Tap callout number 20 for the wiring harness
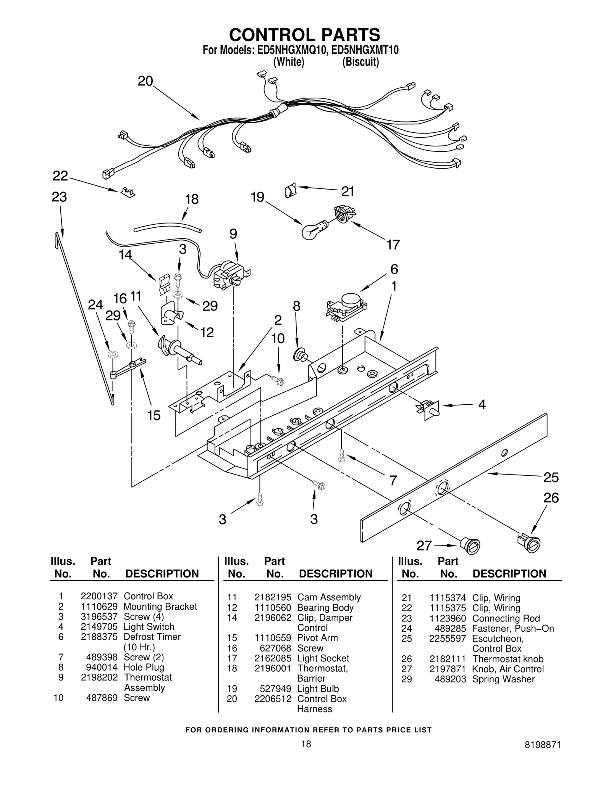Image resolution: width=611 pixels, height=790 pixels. (145, 81)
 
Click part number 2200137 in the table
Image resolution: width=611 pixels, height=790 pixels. (99, 596)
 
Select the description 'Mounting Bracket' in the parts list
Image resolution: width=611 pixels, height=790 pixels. (160, 607)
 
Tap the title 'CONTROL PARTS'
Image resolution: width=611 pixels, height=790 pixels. (304, 35)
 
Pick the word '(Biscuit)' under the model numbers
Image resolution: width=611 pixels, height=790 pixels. (360, 62)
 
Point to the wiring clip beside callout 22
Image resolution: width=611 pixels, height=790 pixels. (128, 192)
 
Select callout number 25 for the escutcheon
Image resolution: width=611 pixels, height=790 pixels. (551, 477)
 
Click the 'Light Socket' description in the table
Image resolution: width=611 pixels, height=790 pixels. (323, 658)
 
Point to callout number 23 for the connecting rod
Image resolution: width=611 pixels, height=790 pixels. (59, 197)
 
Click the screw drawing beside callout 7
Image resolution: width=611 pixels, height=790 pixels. (342, 455)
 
